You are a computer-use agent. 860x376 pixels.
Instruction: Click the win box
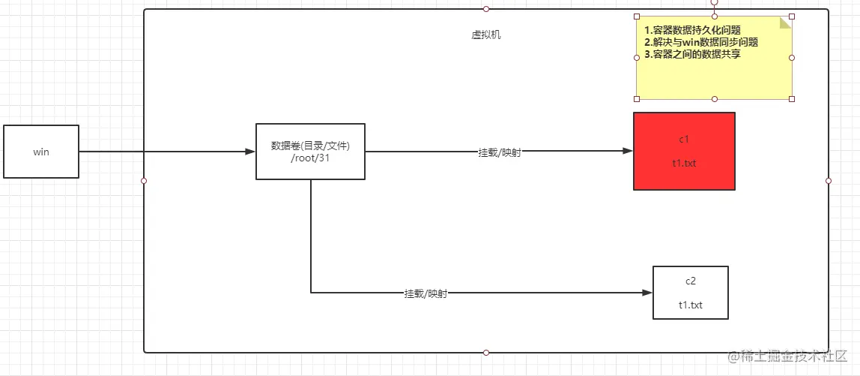41,152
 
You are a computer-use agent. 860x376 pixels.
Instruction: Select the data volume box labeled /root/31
310,151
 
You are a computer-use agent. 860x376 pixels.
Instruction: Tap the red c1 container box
684,151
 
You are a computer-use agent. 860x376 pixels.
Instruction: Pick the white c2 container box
690,293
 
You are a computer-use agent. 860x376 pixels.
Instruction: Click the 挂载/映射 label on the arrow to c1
500,152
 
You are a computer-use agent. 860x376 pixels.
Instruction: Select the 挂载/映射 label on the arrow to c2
426,294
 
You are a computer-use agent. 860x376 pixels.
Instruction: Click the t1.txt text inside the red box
683,164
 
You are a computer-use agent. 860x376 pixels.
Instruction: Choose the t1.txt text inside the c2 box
690,305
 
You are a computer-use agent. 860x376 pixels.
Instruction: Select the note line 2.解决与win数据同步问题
701,42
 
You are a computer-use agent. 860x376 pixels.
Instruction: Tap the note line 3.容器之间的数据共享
692,54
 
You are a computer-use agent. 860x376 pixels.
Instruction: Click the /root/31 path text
310,158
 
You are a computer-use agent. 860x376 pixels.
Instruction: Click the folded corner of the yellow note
785,23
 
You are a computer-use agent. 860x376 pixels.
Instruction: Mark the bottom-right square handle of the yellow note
792,98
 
